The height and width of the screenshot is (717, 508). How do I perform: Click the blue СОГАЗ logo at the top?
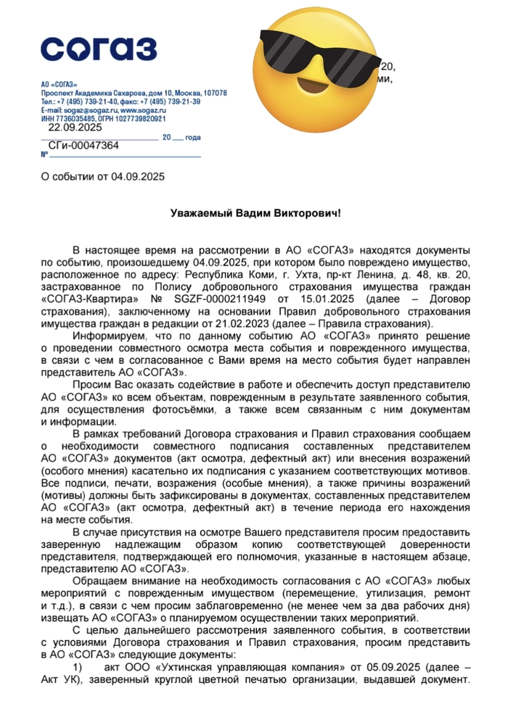click(x=98, y=49)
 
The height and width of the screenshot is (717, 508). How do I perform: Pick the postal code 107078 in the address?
click(x=213, y=94)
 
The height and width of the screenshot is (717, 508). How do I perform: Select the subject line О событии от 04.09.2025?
click(x=104, y=176)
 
